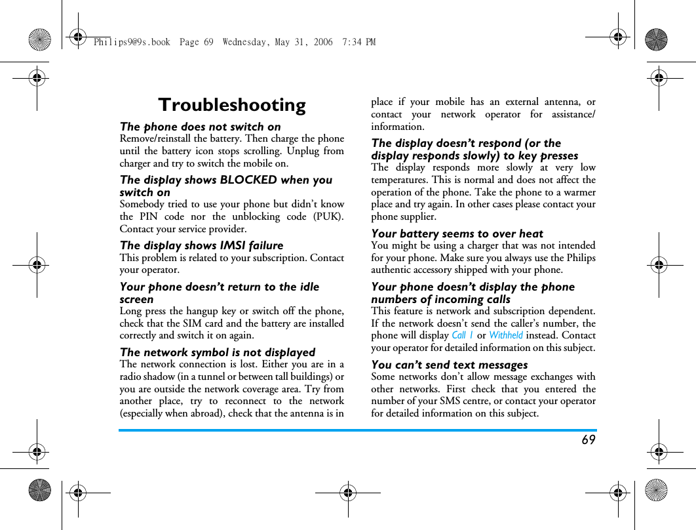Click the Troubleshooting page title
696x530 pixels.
click(x=232, y=105)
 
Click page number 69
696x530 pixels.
click(x=589, y=440)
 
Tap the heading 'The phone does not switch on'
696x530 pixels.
click(x=200, y=127)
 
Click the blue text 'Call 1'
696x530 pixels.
click(x=462, y=335)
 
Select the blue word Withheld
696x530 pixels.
click(x=506, y=335)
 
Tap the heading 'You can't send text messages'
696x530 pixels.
click(x=449, y=365)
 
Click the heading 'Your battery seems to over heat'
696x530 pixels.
click(x=457, y=234)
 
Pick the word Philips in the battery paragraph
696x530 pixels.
click(x=581, y=258)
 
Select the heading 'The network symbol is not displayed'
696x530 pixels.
click(x=217, y=352)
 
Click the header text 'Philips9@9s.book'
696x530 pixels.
click(x=131, y=42)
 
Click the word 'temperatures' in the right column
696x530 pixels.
click(x=400, y=180)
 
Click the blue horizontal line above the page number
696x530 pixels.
click(x=357, y=430)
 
